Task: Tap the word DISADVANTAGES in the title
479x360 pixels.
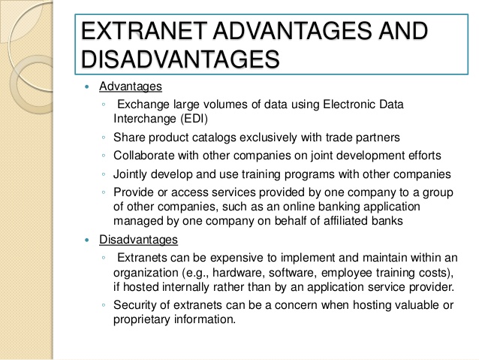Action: pos(180,59)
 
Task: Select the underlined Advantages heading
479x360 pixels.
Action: pos(131,86)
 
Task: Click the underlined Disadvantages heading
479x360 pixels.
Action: pos(138,240)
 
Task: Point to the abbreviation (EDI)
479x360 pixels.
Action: pos(194,118)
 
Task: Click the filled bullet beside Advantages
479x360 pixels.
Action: pos(88,87)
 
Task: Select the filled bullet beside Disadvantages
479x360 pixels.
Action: pos(88,240)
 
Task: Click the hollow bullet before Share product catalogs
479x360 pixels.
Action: pos(104,138)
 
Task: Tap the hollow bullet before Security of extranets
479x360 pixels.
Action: pos(104,305)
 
